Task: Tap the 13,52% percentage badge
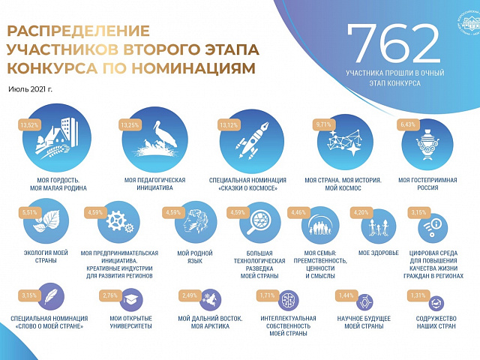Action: point(31,125)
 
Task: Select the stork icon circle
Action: point(154,143)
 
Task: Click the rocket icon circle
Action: point(250,143)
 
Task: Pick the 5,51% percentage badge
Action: point(30,213)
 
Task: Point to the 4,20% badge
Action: point(362,212)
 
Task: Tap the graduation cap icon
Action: point(127,299)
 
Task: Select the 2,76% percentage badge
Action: point(109,295)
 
